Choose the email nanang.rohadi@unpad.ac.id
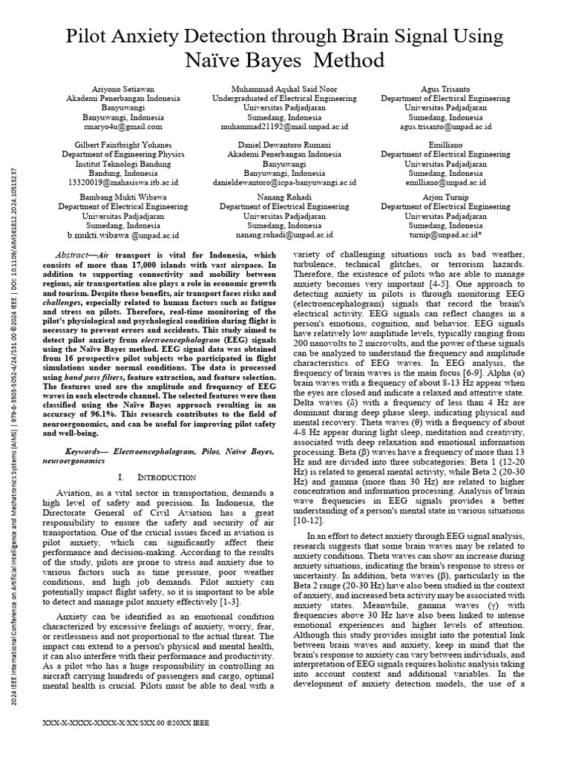(x=284, y=235)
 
